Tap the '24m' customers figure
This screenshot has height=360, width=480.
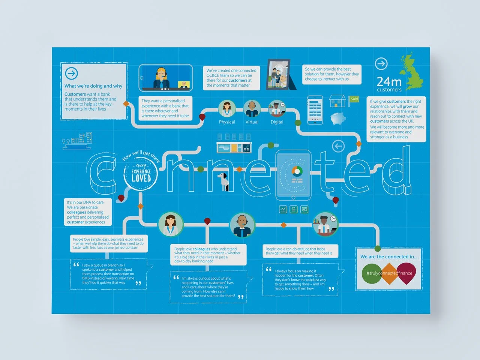[389, 81]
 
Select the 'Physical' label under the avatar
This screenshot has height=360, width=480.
[227, 122]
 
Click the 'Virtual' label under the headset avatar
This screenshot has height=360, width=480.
[252, 122]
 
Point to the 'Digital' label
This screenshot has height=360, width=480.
[277, 122]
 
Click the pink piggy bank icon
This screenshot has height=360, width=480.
[338, 118]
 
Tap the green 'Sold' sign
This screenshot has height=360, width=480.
[354, 99]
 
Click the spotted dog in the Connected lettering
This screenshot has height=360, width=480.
[225, 181]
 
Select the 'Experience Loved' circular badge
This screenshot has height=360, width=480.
[141, 173]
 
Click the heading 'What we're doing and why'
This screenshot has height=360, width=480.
[93, 86]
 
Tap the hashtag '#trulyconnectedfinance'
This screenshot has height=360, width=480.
[389, 273]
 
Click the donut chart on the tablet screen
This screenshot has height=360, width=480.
[297, 171]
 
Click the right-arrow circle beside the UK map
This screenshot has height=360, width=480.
[381, 64]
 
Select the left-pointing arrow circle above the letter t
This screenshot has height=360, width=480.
[338, 146]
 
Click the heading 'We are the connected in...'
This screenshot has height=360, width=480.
[389, 257]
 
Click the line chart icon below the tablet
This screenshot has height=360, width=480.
[283, 209]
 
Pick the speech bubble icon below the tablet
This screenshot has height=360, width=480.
[304, 209]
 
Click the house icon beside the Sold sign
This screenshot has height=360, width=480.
[337, 101]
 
